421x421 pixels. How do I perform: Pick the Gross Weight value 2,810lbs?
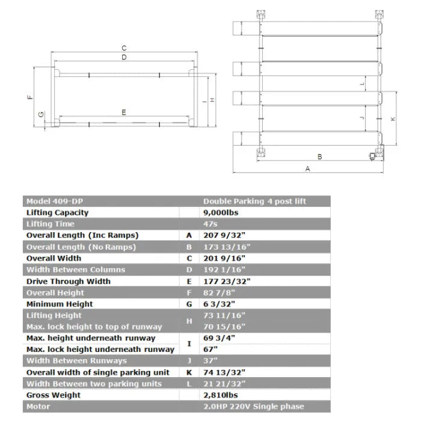pyautogui.click(x=221, y=395)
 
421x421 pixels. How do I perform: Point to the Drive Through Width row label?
pyautogui.click(x=69, y=281)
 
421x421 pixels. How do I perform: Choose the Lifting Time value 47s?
pyautogui.click(x=210, y=224)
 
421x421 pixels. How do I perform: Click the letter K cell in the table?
pyautogui.click(x=189, y=372)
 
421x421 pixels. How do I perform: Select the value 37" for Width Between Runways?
pyautogui.click(x=210, y=361)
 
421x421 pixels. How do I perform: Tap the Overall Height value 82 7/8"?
pyautogui.click(x=219, y=292)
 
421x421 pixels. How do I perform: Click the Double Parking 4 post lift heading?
pyautogui.click(x=254, y=201)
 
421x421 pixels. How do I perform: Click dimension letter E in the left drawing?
pyautogui.click(x=123, y=112)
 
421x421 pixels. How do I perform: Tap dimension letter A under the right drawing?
pyautogui.click(x=307, y=169)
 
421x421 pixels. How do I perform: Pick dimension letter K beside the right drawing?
pyautogui.click(x=393, y=119)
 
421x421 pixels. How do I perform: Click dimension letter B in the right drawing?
pyautogui.click(x=319, y=156)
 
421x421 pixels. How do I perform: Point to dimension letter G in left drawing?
pyautogui.click(x=41, y=114)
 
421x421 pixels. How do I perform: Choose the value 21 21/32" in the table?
pyautogui.click(x=223, y=384)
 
